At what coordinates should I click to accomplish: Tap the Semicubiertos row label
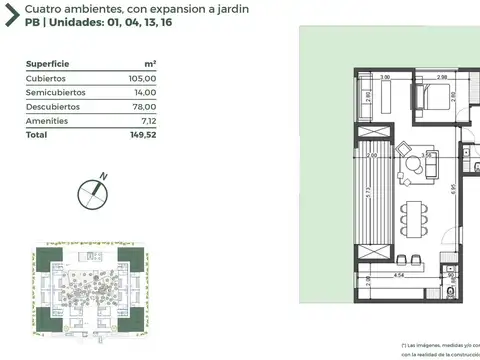(56, 91)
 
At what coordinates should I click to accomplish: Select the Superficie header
(46, 62)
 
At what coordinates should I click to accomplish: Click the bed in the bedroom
(435, 98)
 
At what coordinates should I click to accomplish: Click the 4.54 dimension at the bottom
(398, 274)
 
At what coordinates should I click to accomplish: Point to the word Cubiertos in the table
(46, 77)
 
